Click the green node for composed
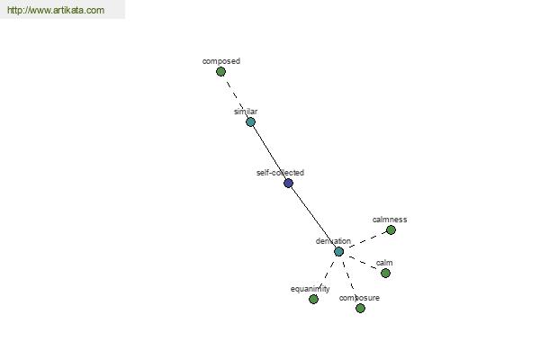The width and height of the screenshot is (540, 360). coord(220,72)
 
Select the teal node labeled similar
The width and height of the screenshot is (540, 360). coord(251,122)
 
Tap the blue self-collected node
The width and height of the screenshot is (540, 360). coord(288,183)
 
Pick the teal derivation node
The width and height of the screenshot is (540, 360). coord(338,251)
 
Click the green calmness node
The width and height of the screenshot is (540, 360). coord(391,229)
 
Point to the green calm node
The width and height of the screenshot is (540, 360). coord(385,274)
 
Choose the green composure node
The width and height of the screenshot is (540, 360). coord(360,308)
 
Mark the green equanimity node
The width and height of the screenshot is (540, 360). coord(313,299)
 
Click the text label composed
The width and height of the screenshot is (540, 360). coord(221,61)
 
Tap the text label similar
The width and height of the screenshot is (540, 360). coord(246,112)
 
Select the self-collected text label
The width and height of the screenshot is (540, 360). coord(280,173)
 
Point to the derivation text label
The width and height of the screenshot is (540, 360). coord(333,241)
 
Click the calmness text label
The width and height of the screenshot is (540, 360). coord(390,220)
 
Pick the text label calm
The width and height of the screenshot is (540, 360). coord(384,263)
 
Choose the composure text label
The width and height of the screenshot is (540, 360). coord(359,298)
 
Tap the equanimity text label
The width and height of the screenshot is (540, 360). coord(310,289)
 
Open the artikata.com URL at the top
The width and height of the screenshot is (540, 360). coord(56,10)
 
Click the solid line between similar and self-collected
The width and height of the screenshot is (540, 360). coord(270,152)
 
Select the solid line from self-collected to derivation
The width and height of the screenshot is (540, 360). coord(313,218)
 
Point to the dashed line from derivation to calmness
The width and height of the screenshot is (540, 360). coord(367,239)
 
